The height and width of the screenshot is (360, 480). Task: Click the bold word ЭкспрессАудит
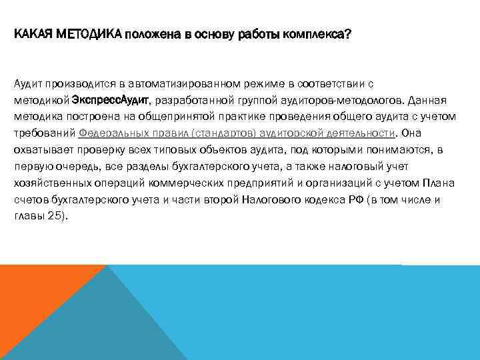click(x=111, y=101)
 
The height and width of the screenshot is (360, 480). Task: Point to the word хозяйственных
click(x=52, y=182)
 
